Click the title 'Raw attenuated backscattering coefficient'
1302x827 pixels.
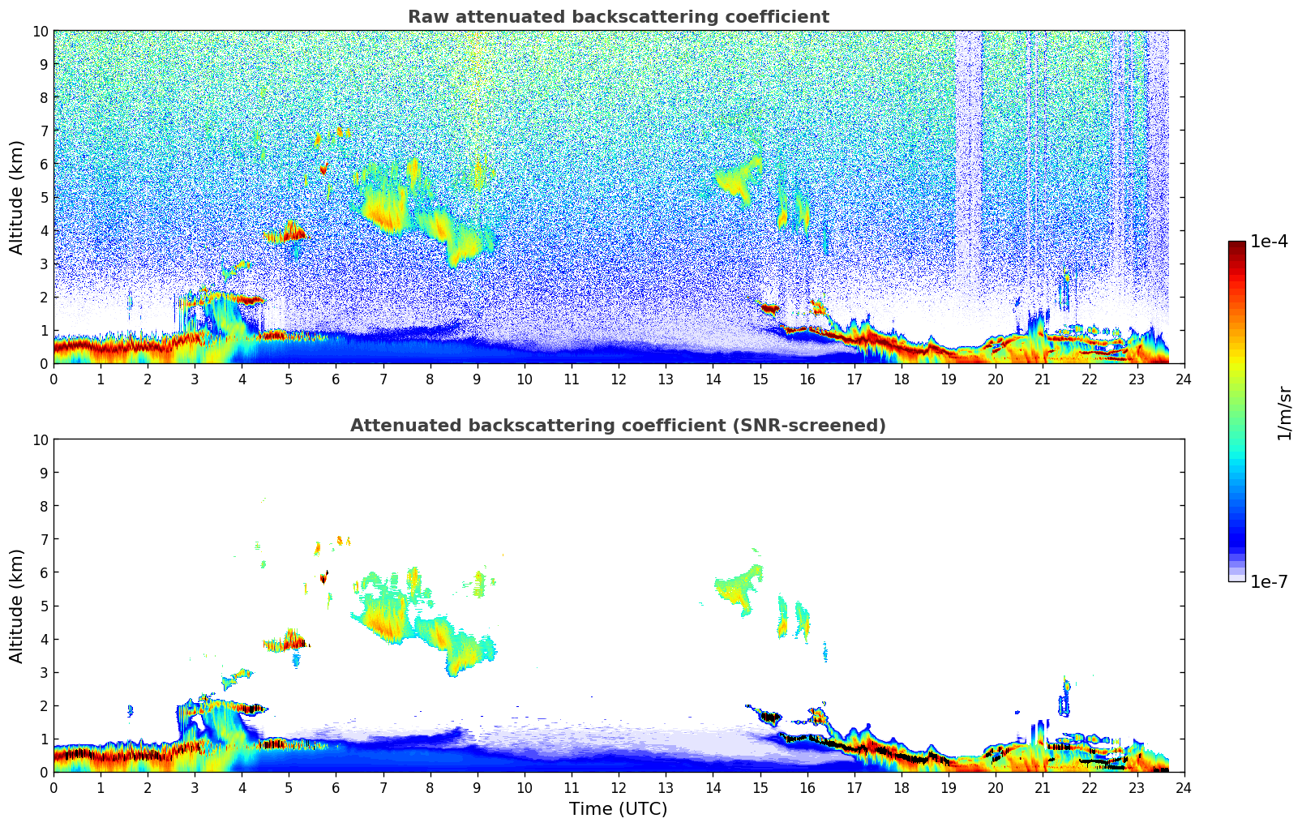point(618,17)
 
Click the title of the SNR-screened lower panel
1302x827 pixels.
point(618,426)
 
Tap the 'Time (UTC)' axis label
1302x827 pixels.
point(618,809)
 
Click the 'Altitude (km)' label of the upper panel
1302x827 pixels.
point(17,197)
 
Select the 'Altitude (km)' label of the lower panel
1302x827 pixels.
point(17,606)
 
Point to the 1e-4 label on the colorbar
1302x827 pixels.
point(1270,242)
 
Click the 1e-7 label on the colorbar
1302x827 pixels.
point(1270,581)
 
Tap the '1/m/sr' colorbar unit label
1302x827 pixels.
point(1284,412)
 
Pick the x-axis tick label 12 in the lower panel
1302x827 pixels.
point(619,788)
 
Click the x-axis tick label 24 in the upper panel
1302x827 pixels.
point(1184,379)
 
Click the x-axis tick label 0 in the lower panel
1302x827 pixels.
point(54,788)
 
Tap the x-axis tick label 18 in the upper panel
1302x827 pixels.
point(902,379)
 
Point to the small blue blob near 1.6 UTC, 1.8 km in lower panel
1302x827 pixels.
point(130,711)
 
